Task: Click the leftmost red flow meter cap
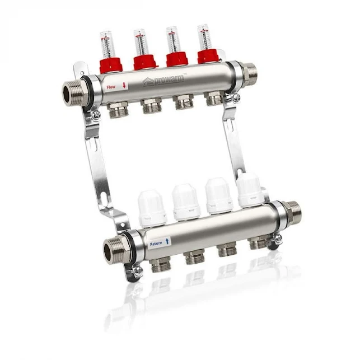click(x=111, y=64)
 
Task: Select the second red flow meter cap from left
click(x=144, y=61)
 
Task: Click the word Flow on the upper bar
click(x=111, y=87)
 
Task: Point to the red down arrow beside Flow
click(x=124, y=86)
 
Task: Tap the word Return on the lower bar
click(x=156, y=244)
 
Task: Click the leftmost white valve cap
click(x=152, y=208)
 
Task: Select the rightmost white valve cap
click(x=250, y=190)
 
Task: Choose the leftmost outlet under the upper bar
click(x=118, y=110)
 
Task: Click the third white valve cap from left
click(x=219, y=195)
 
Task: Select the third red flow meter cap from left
click(x=177, y=58)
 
